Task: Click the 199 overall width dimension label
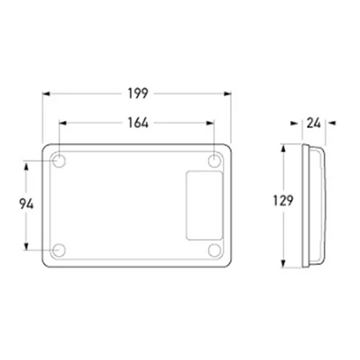(138, 94)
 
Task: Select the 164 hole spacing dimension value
(138, 123)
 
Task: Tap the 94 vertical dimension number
(27, 204)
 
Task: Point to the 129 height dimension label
(283, 201)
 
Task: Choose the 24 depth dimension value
(314, 123)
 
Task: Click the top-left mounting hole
(58, 161)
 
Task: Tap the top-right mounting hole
(215, 161)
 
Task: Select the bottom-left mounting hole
(58, 250)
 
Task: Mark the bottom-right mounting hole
(215, 250)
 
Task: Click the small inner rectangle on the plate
(204, 205)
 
